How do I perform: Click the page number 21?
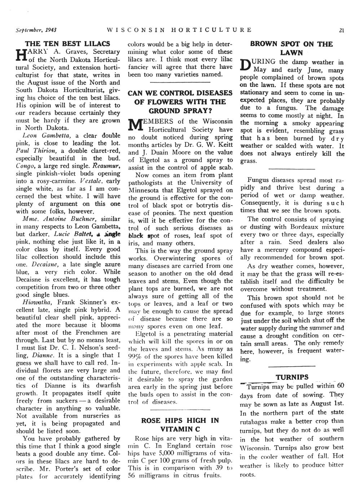click(x=341, y=30)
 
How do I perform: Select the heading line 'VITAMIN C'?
click(x=180, y=429)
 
